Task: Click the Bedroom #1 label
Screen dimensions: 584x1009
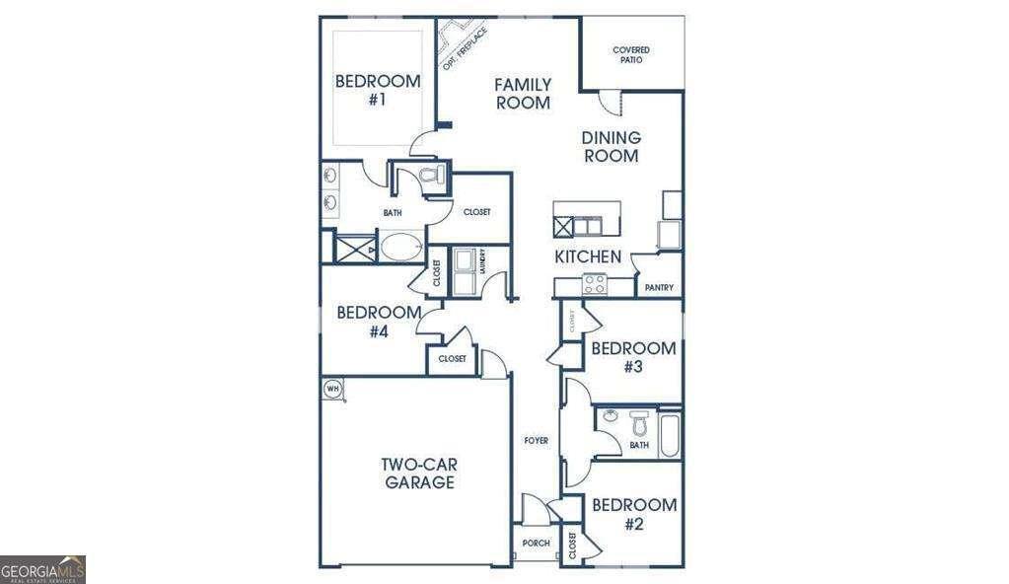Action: coord(377,90)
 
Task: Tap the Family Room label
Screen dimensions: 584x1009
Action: coord(522,94)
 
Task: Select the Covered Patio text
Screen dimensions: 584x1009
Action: coord(631,54)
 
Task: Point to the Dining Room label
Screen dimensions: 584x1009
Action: coord(611,147)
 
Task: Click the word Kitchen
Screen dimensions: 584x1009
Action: coord(588,257)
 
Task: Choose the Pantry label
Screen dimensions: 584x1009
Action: coord(659,288)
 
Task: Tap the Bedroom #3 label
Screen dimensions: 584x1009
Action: coord(633,357)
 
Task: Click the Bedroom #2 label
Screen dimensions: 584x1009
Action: coord(633,514)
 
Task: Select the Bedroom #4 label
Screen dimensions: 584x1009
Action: coord(364,322)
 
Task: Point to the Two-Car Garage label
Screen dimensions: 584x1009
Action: coord(418,474)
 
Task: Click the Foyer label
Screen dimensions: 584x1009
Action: coord(536,440)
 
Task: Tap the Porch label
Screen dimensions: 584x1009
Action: coord(536,544)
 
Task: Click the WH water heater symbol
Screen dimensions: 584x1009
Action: coord(332,389)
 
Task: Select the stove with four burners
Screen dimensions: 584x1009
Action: coord(595,284)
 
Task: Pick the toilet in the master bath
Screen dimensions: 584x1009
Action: coord(431,177)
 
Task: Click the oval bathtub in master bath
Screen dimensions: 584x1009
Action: coord(399,247)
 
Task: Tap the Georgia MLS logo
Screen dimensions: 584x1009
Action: coord(43,569)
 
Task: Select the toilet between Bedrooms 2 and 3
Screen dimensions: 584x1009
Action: coord(638,425)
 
